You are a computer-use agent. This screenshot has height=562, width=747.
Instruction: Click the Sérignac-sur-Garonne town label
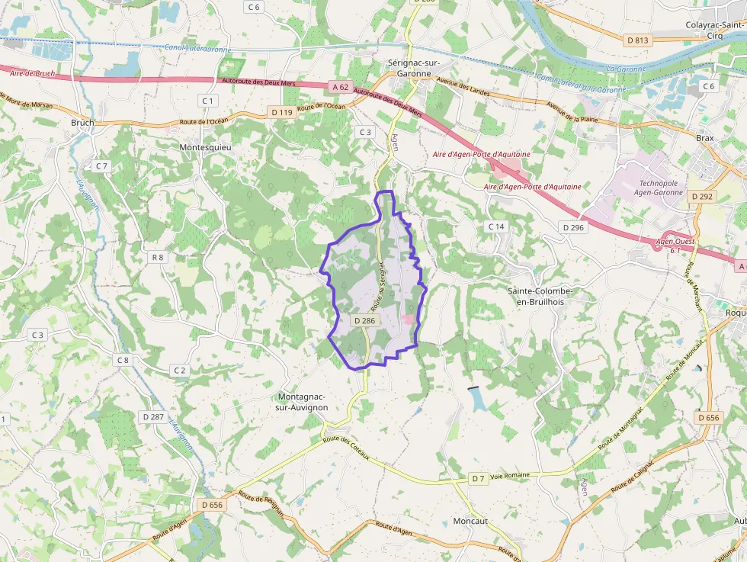pos(409,68)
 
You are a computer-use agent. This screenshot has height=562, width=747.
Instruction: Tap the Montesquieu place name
pos(204,146)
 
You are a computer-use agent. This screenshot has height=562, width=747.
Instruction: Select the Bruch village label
pos(82,122)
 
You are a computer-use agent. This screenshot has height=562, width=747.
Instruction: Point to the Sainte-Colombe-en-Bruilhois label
pos(540,297)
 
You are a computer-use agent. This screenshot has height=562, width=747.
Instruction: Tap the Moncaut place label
pos(470,522)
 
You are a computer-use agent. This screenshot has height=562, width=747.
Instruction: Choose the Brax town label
pos(704,138)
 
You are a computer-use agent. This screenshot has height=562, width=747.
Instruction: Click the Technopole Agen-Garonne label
pos(659,188)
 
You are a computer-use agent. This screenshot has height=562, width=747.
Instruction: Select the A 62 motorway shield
pos(340,87)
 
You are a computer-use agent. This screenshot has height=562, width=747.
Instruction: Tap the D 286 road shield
pos(364,321)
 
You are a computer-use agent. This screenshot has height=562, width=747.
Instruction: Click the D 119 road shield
pos(282,112)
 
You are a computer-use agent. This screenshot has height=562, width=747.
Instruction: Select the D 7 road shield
pos(477,478)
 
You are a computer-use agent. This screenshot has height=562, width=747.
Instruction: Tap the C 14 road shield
pos(496,226)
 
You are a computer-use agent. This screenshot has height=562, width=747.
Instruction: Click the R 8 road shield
pos(158,257)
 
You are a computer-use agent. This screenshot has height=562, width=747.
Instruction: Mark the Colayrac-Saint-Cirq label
pos(715,30)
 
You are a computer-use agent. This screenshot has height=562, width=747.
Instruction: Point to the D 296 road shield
pos(572,227)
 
